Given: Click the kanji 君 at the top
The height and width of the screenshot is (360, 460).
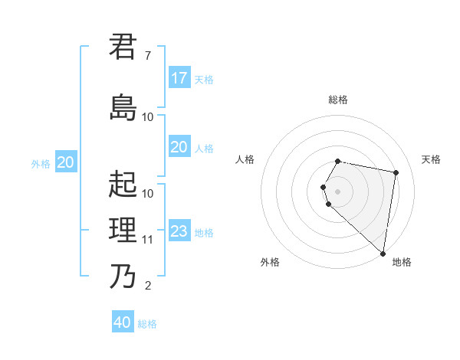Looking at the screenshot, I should [123, 47].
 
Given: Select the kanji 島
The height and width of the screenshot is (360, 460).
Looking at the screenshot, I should [123, 107].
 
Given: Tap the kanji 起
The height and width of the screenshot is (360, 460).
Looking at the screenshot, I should [123, 184].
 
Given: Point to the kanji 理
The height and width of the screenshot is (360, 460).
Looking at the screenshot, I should [123, 230].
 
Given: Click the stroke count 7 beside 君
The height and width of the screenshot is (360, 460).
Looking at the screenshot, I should [147, 56].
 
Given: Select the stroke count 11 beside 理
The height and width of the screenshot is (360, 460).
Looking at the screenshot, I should [148, 240].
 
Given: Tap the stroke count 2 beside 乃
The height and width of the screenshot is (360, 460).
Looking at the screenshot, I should [147, 286].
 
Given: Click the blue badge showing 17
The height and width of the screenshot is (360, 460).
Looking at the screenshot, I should [179, 78].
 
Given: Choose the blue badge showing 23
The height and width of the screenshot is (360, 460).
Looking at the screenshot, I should [179, 231].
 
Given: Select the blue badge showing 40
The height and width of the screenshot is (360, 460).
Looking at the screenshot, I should [123, 322].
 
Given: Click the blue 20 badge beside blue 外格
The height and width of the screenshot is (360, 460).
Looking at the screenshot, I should [65, 162].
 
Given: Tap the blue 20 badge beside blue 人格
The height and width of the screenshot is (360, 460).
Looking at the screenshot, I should [179, 147].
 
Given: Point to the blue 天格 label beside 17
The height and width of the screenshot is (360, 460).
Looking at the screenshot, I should [204, 79].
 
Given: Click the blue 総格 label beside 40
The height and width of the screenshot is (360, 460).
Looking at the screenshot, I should [147, 324].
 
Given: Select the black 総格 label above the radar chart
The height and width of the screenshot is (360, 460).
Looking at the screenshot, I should [338, 100].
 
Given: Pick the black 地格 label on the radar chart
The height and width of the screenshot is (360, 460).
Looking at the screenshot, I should [402, 262].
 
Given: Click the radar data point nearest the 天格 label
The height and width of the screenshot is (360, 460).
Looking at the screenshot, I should [396, 173].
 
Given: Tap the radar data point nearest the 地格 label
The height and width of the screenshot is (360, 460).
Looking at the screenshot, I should [383, 253].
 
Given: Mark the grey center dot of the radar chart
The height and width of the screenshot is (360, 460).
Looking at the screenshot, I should [338, 191].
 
